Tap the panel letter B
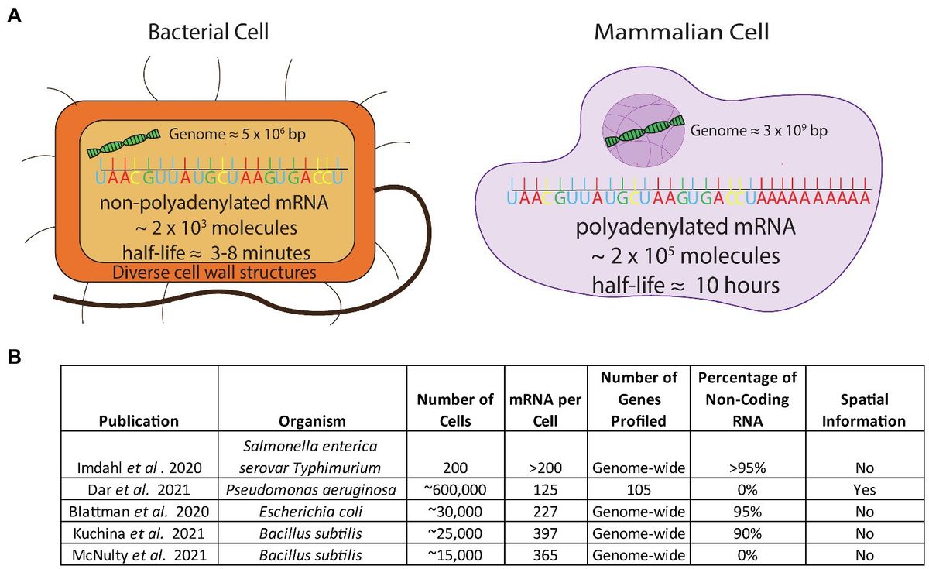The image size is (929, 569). tap(14, 358)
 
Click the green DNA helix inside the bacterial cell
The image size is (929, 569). tap(124, 142)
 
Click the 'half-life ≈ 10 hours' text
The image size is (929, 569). tap(676, 285)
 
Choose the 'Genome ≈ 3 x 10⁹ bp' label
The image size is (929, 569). tap(759, 130)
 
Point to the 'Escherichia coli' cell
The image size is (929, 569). tap(314, 512)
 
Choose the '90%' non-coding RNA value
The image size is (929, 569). tap(742, 534)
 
